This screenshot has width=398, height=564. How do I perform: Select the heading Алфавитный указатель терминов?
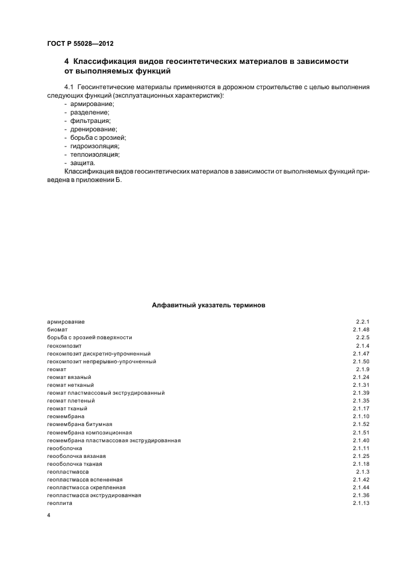(x=208, y=305)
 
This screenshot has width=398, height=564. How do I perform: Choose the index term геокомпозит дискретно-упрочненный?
(x=98, y=354)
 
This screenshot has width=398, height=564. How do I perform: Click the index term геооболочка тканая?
(x=74, y=464)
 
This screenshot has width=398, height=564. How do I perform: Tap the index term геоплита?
(x=59, y=503)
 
